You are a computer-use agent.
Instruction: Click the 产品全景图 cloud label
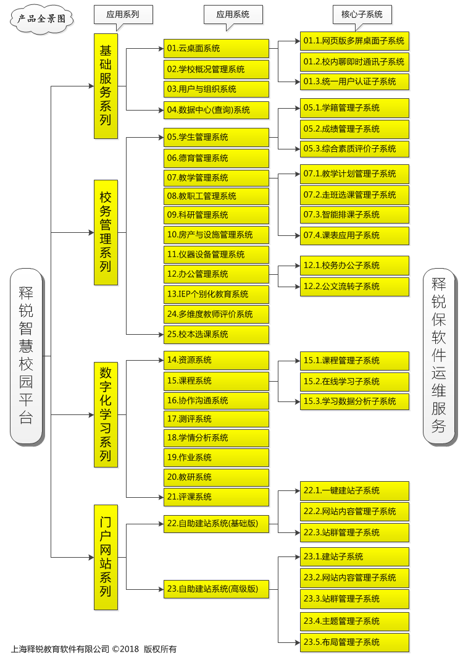(x=41, y=19)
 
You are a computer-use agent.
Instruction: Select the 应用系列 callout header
(x=123, y=14)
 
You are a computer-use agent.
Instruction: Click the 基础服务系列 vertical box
(x=106, y=86)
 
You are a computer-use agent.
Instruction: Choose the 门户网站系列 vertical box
(x=106, y=557)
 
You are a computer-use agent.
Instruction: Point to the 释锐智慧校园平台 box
(x=26, y=356)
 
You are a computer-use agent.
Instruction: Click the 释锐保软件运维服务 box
(x=439, y=356)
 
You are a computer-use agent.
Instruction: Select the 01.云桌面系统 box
(x=216, y=48)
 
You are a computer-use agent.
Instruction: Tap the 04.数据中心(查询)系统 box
(x=216, y=110)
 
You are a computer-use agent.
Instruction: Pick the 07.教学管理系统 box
(x=216, y=178)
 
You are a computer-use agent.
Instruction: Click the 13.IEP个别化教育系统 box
(x=216, y=294)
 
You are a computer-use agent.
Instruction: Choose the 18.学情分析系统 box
(x=216, y=438)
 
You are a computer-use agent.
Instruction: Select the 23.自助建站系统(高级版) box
(x=216, y=589)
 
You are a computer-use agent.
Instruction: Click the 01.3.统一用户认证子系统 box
(x=354, y=82)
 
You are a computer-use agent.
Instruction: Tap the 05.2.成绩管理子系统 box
(x=354, y=129)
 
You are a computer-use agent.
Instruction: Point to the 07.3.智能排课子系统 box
(x=354, y=215)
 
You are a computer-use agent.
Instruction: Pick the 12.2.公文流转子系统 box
(x=354, y=287)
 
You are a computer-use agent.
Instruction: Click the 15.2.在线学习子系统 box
(x=354, y=382)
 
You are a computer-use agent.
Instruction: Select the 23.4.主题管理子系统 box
(x=354, y=621)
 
